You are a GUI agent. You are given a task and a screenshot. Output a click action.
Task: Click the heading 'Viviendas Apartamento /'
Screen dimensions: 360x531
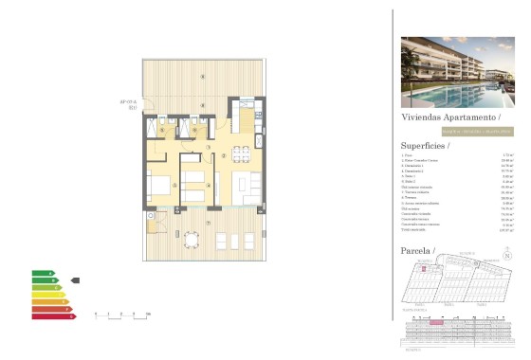(445, 117)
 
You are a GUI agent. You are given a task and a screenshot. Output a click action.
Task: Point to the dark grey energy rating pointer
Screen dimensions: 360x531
(76, 280)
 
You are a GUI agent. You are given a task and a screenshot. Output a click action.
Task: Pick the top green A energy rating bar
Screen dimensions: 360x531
(43, 273)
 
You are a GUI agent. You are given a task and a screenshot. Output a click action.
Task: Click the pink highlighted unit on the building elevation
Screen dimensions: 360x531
(437, 322)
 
